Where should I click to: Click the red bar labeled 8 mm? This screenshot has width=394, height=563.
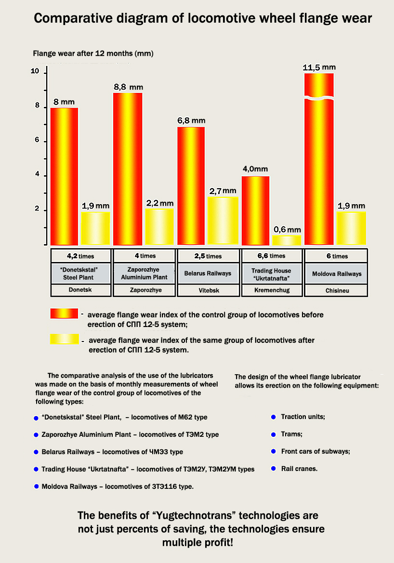click(64, 176)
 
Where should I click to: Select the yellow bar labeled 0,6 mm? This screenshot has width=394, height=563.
click(287, 240)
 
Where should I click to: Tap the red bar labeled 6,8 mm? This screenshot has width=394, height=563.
click(191, 186)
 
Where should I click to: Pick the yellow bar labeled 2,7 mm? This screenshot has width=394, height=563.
click(223, 221)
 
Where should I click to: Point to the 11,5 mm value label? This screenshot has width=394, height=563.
click(319, 67)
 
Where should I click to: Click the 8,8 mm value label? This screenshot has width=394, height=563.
click(128, 87)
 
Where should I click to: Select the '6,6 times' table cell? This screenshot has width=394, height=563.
click(272, 256)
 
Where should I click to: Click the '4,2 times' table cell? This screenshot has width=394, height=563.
click(80, 256)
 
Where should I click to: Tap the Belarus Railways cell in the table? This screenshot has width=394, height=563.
click(208, 274)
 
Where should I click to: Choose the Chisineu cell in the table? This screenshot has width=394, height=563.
click(337, 290)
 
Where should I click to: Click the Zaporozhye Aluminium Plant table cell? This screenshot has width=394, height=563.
click(144, 274)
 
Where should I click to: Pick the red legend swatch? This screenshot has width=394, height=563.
click(64, 314)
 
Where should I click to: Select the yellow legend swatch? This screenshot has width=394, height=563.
click(64, 339)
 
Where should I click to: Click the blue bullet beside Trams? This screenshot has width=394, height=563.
click(273, 434)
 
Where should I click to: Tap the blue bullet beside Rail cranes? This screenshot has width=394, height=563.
click(273, 469)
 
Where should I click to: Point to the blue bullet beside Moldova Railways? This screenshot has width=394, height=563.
click(36, 486)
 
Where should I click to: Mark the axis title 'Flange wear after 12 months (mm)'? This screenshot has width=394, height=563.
click(93, 53)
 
